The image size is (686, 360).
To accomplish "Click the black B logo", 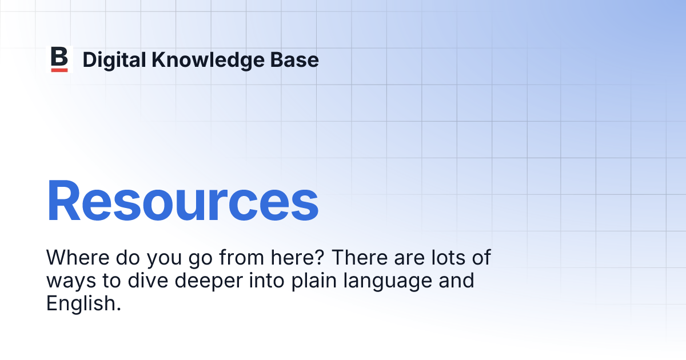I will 59,57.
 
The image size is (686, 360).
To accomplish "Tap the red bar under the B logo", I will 59,70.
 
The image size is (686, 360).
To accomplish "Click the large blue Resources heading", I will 182,201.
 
